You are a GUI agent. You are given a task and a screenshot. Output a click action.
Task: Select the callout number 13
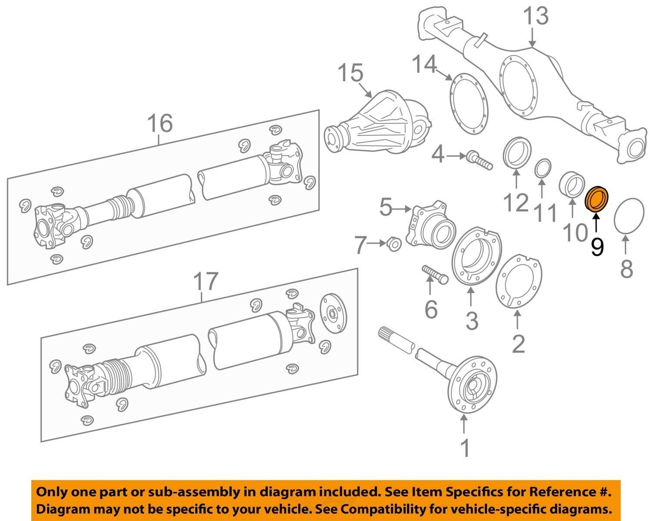pyautogui.click(x=535, y=17)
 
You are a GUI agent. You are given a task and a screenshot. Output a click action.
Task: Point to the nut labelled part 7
pyautogui.click(x=393, y=245)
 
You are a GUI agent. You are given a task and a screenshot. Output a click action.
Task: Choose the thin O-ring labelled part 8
pyautogui.click(x=629, y=216)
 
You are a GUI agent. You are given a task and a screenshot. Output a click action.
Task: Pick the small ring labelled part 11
pyautogui.click(x=542, y=169)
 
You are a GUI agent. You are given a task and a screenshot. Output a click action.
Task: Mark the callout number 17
pyautogui.click(x=205, y=282)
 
